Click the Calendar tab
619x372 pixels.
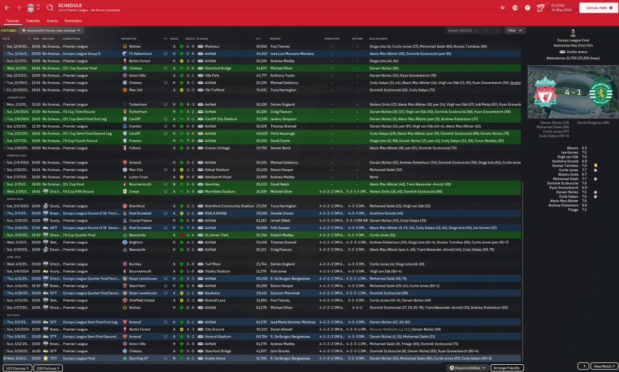click(33, 21)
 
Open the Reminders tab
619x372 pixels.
click(73, 21)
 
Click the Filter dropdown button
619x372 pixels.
click(515, 30)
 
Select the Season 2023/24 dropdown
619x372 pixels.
click(461, 30)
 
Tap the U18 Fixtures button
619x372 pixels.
click(48, 368)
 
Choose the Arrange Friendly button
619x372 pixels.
click(507, 368)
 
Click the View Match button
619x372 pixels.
click(604, 366)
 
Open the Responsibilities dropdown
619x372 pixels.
click(467, 368)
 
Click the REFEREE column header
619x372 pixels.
click(275, 39)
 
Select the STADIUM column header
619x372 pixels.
click(202, 39)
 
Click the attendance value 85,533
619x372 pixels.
click(261, 184)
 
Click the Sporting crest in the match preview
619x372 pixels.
click(600, 93)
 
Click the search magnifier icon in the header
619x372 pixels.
click(50, 8)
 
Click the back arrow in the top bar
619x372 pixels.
click(7, 8)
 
